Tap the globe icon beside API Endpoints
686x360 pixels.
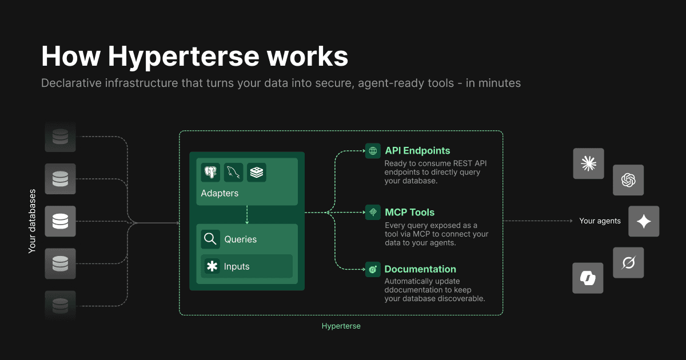click(373, 151)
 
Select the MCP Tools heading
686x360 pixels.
click(409, 212)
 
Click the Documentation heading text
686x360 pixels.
click(420, 269)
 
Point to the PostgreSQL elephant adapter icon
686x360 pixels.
click(211, 173)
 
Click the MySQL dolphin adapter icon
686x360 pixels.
click(234, 173)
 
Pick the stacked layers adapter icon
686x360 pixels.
click(257, 173)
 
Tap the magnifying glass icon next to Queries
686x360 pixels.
click(210, 239)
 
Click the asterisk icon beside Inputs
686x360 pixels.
click(212, 266)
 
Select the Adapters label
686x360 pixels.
click(220, 193)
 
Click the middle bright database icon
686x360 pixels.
click(60, 221)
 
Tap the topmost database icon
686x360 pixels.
click(60, 137)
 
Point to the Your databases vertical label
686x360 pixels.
click(32, 221)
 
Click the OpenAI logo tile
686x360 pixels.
click(628, 181)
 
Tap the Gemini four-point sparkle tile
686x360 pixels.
click(644, 222)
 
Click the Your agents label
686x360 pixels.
click(600, 221)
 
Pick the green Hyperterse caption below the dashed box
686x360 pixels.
click(341, 326)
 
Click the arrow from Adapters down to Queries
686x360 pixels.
click(247, 215)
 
